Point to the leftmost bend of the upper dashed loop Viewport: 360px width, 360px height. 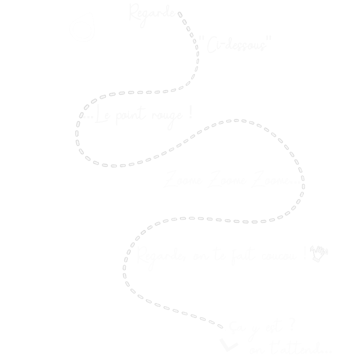[x=78, y=126]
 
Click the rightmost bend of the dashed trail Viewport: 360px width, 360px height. [x=302, y=180]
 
